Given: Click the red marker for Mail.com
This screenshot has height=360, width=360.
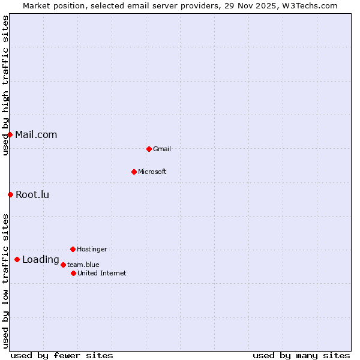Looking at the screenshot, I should coord(10,134).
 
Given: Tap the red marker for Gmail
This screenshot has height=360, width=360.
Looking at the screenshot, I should coord(149,149).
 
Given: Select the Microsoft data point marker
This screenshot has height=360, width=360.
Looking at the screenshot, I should coord(134,172).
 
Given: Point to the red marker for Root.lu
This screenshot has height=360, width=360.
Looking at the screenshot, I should coord(10,194).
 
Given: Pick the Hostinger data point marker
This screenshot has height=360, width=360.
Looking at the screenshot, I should coord(73,249).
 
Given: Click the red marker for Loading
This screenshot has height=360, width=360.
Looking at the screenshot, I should coord(17,259).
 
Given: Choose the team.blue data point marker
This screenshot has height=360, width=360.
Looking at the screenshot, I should coord(63,265).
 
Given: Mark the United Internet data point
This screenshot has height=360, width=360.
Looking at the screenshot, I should coord(73,273).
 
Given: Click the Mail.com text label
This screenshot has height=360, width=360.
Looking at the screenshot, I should coord(36,134).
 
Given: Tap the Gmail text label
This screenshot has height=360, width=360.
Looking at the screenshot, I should coord(162,149).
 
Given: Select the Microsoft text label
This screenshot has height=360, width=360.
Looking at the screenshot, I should coord(152,172).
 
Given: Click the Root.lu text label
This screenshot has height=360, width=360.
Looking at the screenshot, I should coord(32,194).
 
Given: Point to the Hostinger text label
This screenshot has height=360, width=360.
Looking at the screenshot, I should coord(92,249).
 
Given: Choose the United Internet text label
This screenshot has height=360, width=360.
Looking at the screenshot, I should coord(102,273).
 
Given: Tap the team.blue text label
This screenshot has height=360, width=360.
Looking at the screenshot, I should coord(83,265).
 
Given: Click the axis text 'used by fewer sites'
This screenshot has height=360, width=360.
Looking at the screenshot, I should coord(62,355).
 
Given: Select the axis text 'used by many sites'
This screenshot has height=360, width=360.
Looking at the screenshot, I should coord(301,355).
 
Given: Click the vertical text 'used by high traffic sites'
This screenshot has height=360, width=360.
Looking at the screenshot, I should coord(5,85).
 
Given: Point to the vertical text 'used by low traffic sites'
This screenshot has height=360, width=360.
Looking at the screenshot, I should coord(5,281).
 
